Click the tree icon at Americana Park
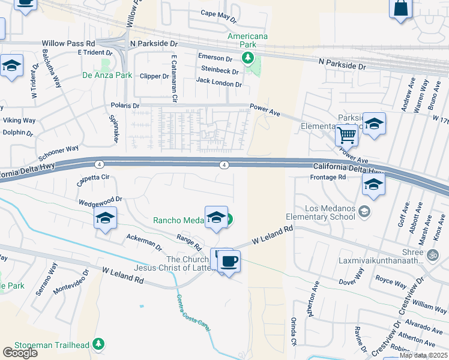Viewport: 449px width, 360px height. (246, 58)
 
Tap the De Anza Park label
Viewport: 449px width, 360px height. (107, 76)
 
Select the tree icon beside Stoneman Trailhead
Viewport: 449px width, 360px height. (98, 344)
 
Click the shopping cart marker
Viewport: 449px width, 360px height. (346, 136)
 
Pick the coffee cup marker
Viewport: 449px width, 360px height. (229, 262)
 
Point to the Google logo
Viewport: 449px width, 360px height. (20, 352)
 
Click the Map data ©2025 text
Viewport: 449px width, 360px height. (424, 355)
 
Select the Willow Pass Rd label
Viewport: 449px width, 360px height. (68, 44)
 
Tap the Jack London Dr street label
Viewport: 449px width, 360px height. (218, 83)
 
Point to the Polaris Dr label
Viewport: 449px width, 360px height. (125, 106)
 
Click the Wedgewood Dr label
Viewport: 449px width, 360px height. (100, 199)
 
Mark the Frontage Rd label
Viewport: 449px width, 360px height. (328, 177)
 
